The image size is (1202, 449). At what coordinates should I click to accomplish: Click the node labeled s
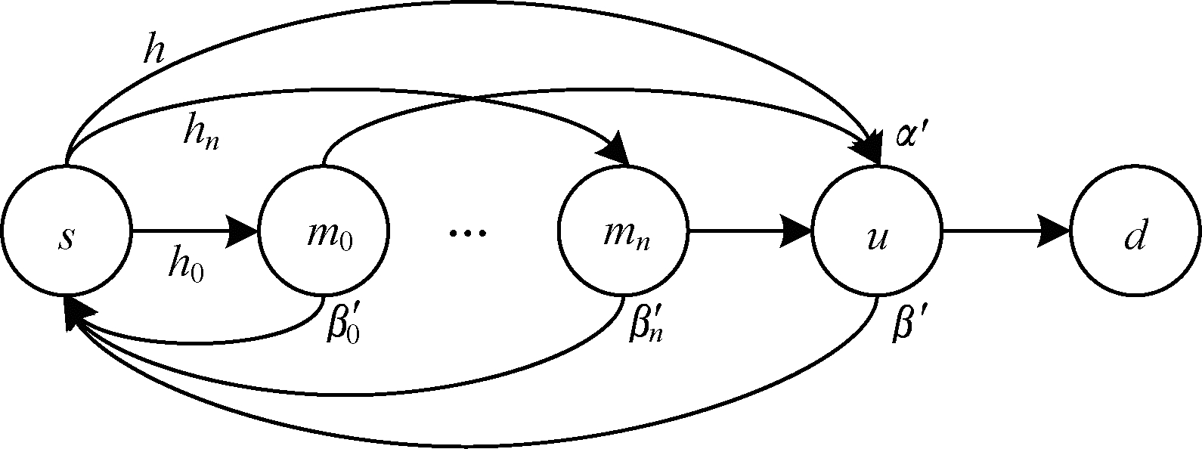tap(66, 230)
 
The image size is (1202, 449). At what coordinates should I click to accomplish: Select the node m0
tap(324, 230)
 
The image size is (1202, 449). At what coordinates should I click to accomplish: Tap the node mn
tap(622, 230)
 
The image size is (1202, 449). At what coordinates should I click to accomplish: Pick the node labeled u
tap(877, 230)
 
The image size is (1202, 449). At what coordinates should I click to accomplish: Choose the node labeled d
tap(1135, 230)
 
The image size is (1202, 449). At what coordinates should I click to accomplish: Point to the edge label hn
tap(201, 135)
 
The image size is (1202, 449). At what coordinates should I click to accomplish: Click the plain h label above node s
tap(155, 50)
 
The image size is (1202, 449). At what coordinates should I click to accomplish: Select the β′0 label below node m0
tap(342, 323)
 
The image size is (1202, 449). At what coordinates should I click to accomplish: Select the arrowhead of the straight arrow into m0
tap(243, 230)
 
